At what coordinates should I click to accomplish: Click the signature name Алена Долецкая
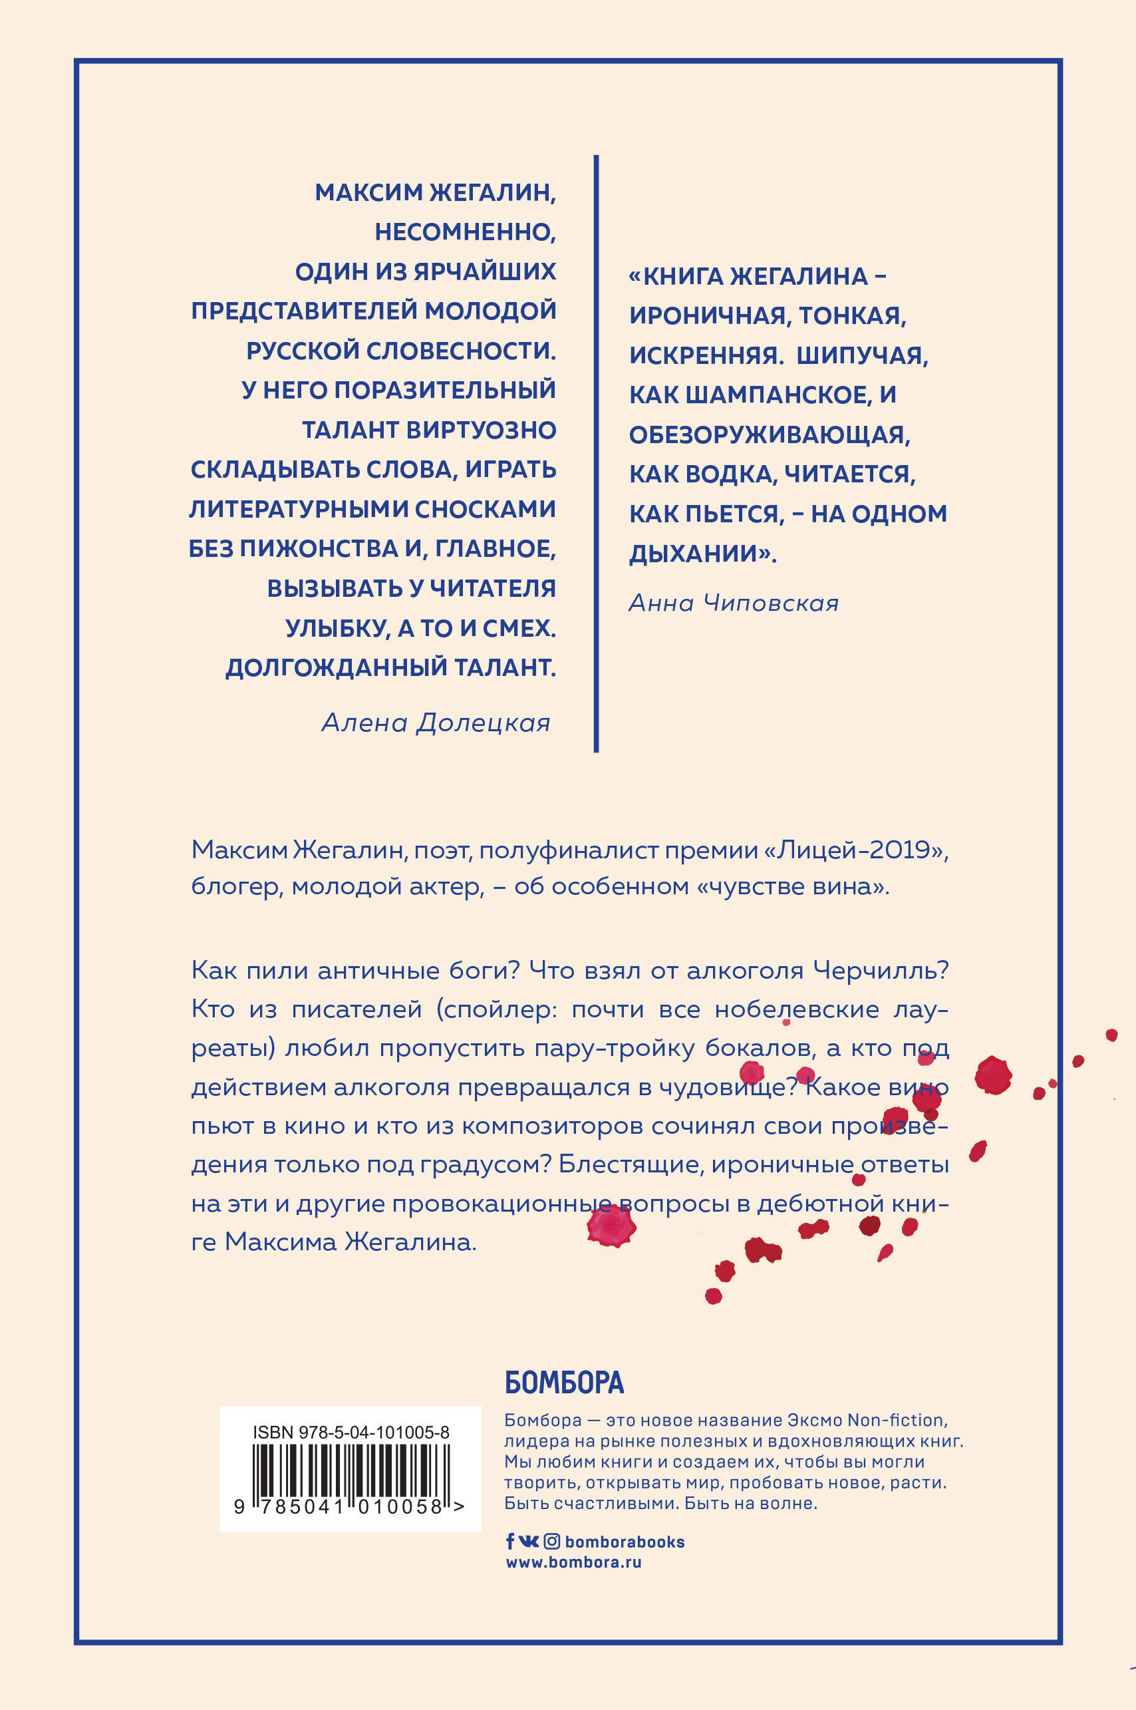436,723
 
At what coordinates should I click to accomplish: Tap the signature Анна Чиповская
733,603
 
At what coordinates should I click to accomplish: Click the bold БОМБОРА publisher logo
563,1383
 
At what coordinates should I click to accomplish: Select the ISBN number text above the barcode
351,1433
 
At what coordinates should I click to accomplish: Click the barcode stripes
351,1470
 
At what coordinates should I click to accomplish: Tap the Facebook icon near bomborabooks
510,1542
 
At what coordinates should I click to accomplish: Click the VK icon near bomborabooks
529,1542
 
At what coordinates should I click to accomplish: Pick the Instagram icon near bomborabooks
551,1542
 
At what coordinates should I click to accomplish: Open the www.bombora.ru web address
573,1563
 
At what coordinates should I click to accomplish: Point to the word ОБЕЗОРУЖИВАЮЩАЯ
769,434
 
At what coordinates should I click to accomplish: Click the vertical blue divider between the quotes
595,453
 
